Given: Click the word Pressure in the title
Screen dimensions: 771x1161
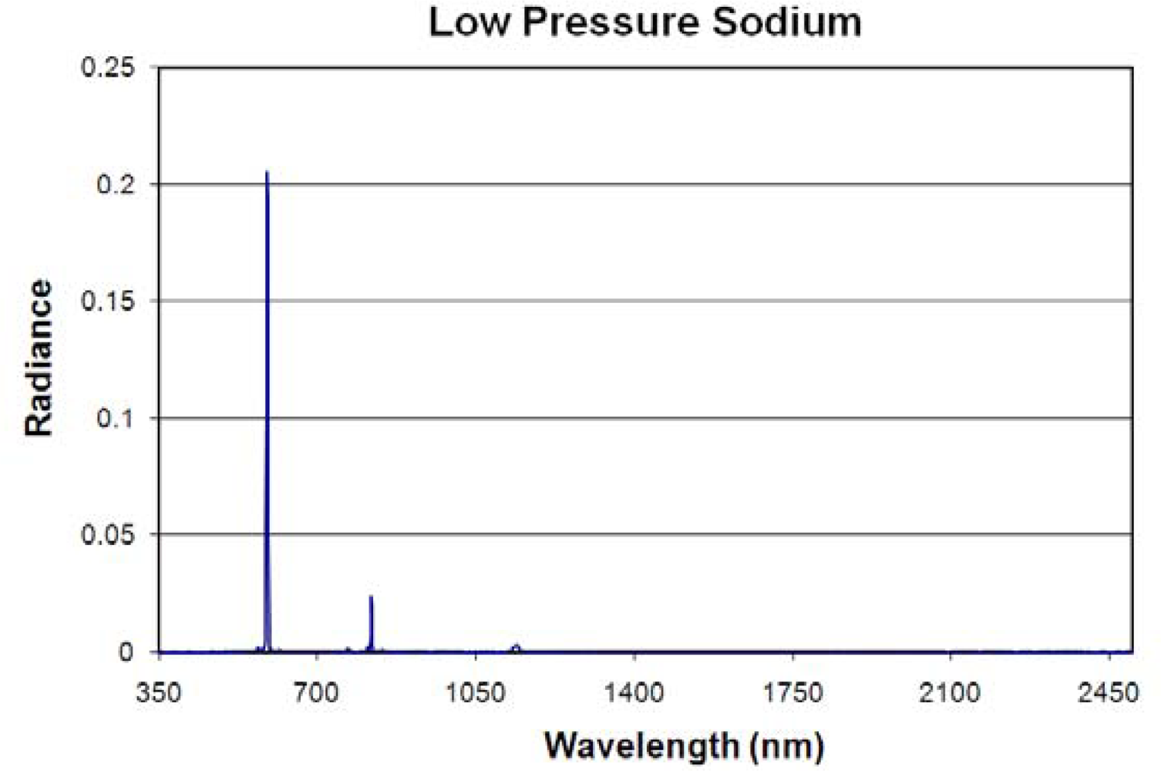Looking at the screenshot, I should click(611, 22).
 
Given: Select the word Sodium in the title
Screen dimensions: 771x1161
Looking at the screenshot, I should click(786, 22).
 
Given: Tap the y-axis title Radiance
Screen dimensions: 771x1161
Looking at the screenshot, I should click(39, 359).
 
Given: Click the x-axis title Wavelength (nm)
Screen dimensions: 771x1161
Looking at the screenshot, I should click(684, 746).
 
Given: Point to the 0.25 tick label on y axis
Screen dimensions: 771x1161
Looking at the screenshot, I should click(107, 68).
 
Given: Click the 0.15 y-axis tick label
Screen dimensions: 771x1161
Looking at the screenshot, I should click(107, 301).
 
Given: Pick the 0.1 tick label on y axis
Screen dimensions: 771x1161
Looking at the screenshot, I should click(115, 419).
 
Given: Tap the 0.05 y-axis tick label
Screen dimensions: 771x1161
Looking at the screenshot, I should click(107, 535).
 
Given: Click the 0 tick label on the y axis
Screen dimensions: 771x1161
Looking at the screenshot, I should click(126, 652).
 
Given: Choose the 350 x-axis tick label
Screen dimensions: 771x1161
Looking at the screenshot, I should click(159, 692).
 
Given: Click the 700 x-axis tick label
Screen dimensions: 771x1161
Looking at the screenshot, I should click(317, 692).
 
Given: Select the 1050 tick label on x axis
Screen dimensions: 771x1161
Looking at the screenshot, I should click(476, 692).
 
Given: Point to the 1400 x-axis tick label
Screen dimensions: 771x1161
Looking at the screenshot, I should click(634, 692).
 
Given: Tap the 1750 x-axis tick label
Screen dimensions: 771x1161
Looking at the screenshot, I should click(793, 692).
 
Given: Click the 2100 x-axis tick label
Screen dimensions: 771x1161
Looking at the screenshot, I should click(950, 692).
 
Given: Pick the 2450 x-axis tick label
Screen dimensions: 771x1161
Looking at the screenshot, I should click(1108, 692).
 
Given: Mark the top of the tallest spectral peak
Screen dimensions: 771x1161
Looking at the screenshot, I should click(267, 173).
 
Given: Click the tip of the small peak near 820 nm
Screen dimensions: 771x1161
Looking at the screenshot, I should click(371, 597).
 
